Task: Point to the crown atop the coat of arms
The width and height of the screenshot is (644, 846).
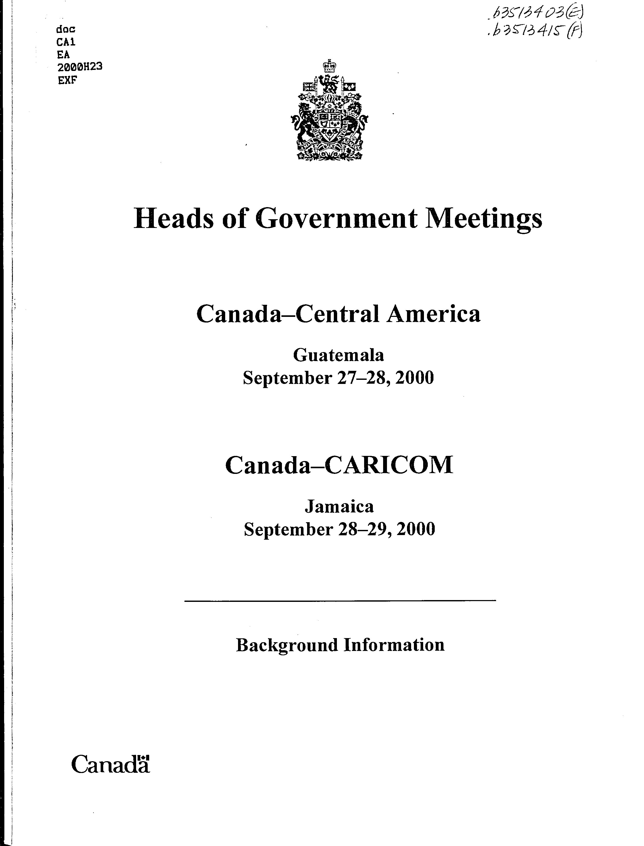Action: (329, 66)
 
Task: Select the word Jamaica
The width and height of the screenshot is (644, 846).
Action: (339, 507)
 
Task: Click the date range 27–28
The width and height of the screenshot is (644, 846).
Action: (362, 378)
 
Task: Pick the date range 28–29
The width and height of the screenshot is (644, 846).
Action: (363, 529)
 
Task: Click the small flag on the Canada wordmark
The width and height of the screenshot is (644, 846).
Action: (144, 758)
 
